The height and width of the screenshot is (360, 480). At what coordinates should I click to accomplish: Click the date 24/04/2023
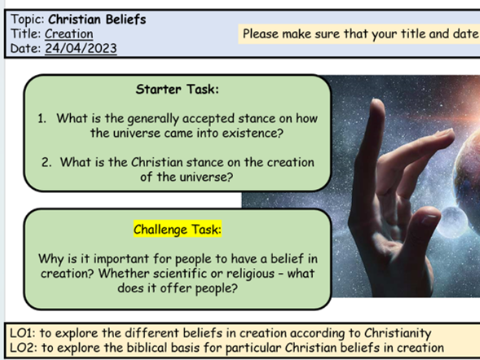click(x=81, y=48)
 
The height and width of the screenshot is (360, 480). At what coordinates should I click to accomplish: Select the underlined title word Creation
click(x=68, y=33)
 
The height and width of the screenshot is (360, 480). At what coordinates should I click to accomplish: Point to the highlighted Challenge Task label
click(x=177, y=230)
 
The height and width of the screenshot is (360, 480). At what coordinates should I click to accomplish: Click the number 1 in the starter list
click(x=42, y=119)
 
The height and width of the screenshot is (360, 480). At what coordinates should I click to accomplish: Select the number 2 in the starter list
click(x=46, y=162)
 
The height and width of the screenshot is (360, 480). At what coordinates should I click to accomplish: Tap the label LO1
click(x=20, y=333)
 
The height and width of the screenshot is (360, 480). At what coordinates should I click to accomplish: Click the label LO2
click(x=20, y=348)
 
